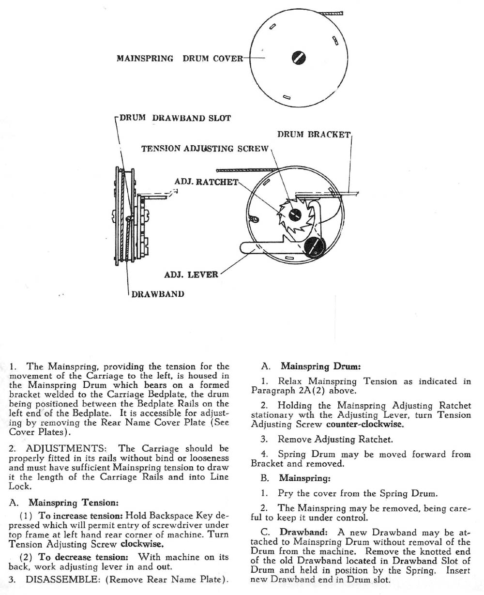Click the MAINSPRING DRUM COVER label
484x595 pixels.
point(180,59)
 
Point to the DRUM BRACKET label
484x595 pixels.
point(314,135)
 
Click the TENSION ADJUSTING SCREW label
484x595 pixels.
point(205,149)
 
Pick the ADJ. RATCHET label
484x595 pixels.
point(206,182)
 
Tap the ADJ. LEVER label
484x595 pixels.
point(191,275)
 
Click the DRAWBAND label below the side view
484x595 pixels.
point(158,294)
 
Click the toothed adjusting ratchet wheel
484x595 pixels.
point(292,213)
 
